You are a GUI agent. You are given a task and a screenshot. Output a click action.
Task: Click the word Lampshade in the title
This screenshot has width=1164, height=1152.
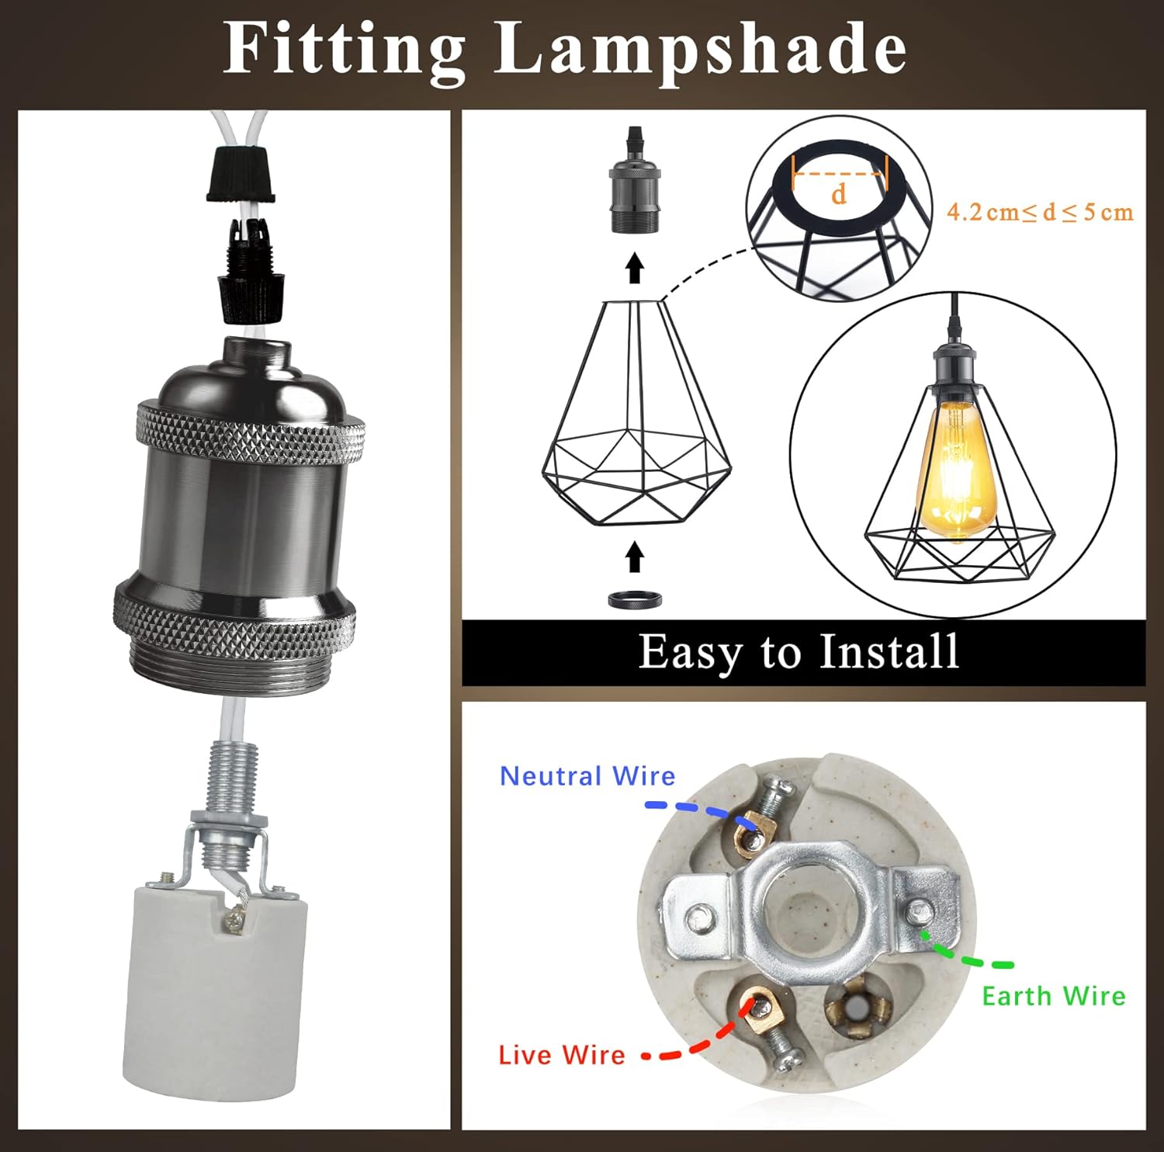pos(700,50)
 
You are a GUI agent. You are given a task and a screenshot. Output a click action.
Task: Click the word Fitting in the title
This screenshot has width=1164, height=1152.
pos(345,50)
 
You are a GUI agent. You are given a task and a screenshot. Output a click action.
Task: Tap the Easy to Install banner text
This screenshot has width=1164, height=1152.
pos(799,652)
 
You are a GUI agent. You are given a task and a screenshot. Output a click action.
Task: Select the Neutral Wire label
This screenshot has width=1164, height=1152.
pos(587,776)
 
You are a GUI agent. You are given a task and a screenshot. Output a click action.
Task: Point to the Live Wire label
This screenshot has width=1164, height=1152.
pos(561,1054)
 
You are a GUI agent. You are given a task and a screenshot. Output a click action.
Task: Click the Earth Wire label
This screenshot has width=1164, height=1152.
pos(1053,996)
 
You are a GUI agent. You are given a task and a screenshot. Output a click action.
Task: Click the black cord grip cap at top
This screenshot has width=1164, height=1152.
pos(241,173)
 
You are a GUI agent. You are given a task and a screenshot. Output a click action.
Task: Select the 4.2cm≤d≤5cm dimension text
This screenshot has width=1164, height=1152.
pos(1039,212)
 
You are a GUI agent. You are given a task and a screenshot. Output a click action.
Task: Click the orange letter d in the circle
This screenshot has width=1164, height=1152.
pos(838,193)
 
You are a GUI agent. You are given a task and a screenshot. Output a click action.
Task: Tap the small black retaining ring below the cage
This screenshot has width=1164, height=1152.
pos(635,600)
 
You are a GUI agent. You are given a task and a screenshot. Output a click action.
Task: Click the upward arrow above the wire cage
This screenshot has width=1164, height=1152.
pos(635,268)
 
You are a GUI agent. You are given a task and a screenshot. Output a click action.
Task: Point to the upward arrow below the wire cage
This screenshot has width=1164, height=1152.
pos(635,557)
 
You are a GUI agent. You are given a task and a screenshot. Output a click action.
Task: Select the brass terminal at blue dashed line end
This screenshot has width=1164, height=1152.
pos(750,838)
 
